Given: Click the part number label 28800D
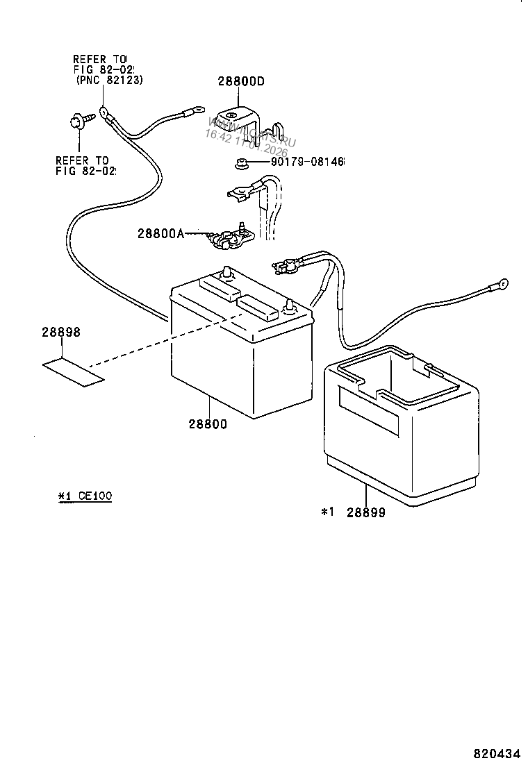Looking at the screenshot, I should coord(241,81).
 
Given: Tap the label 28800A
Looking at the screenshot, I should coord(160,234).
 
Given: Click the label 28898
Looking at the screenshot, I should coord(61,333).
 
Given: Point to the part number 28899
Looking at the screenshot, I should coord(366,513).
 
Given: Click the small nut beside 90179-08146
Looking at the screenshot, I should coord(240,163).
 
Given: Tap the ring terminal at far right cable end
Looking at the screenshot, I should coord(499,284).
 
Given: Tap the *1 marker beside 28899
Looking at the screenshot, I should coord(328,512).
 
